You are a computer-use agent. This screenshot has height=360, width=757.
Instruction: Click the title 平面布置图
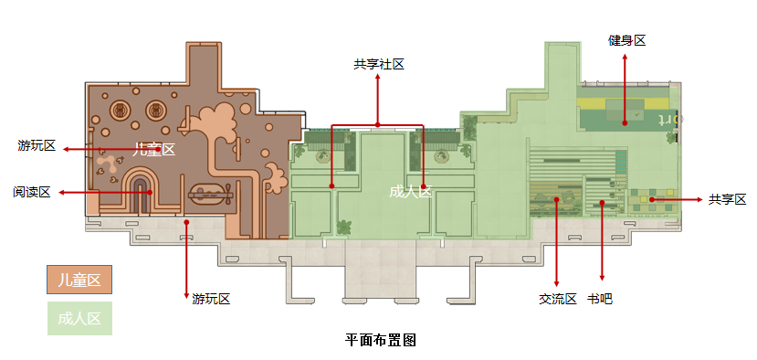point(381,340)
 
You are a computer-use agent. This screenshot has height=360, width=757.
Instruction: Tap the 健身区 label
point(627,40)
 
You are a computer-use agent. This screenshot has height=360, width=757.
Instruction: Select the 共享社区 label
point(379,64)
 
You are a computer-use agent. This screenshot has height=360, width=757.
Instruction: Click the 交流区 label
point(557,299)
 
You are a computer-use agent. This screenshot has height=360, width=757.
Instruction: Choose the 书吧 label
point(600,299)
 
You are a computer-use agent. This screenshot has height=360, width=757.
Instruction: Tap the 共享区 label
point(727,199)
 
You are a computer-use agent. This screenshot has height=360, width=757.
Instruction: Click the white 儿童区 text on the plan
point(153,149)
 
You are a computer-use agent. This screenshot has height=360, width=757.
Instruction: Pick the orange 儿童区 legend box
point(79,281)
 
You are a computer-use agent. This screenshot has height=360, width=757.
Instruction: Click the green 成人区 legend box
point(79,319)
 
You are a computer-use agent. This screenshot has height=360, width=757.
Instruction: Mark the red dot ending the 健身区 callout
point(626,122)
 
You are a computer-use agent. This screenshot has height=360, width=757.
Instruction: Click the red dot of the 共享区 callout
point(652,199)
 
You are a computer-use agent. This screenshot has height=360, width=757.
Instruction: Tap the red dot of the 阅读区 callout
point(148,192)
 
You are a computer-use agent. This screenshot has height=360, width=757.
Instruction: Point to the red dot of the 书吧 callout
point(601,201)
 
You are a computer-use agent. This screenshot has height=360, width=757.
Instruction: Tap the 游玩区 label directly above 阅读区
point(37,146)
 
